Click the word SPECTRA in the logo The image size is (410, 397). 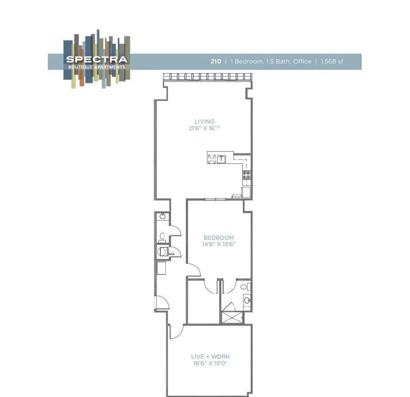click(96, 60)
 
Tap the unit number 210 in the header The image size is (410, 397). click(216, 62)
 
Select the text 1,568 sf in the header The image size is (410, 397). click(332, 62)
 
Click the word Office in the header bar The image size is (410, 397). click(301, 62)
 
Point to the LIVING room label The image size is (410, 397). click(204, 122)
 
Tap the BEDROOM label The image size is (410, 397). click(219, 238)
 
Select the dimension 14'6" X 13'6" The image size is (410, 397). click(219, 244)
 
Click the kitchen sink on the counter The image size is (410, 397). click(221, 159)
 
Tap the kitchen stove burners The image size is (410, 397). click(247, 175)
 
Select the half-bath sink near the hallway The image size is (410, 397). click(162, 216)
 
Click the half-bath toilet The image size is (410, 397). click(162, 236)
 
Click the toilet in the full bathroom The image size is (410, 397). click(244, 287)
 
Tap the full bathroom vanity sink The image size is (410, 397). click(247, 301)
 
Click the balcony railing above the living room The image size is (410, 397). click(208, 77)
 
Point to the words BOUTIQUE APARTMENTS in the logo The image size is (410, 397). click(96, 67)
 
